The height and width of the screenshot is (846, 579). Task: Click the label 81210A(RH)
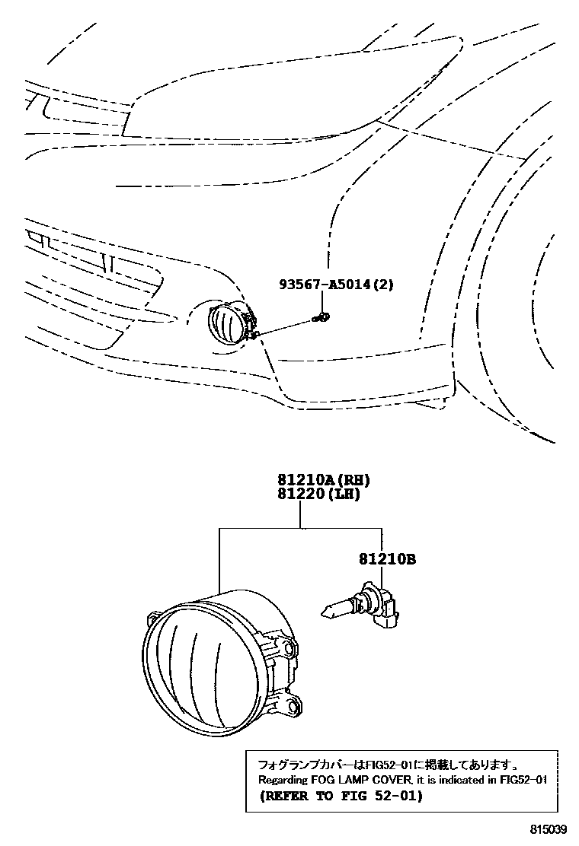click(318, 480)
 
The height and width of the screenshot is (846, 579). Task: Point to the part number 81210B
click(387, 559)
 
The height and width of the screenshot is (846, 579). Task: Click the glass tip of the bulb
click(332, 609)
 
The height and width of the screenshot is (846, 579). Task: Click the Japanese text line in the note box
click(389, 764)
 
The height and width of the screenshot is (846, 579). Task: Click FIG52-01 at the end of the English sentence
click(519, 780)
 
